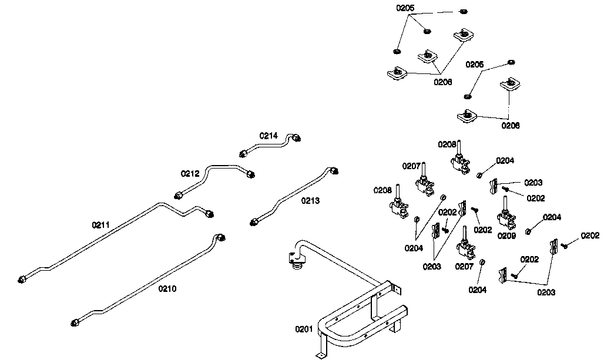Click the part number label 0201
304,329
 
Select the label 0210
167,289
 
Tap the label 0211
100,225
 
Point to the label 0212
190,174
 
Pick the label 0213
310,201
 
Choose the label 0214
269,136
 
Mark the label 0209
506,235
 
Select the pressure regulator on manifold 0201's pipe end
296,261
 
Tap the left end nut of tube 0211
22,279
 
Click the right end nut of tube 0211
210,214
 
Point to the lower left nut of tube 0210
75,322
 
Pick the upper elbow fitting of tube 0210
221,237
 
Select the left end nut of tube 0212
179,195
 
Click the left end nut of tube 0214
243,154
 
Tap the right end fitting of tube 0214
297,138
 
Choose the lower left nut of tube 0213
254,221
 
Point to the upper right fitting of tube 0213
334,170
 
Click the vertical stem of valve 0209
505,204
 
